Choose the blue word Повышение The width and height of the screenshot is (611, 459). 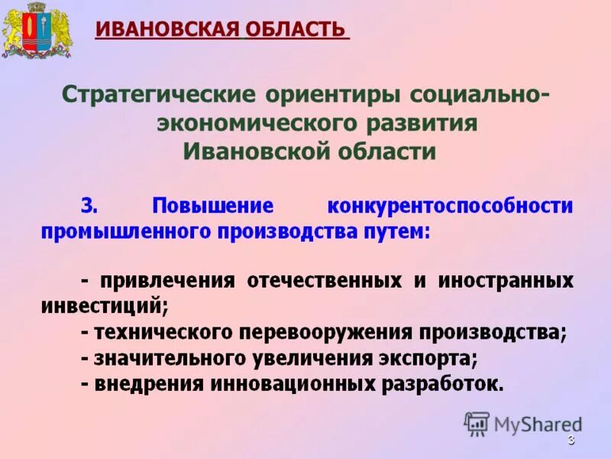[x=212, y=206]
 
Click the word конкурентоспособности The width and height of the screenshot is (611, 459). [x=450, y=206]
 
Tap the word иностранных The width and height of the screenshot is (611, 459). [x=506, y=280]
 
